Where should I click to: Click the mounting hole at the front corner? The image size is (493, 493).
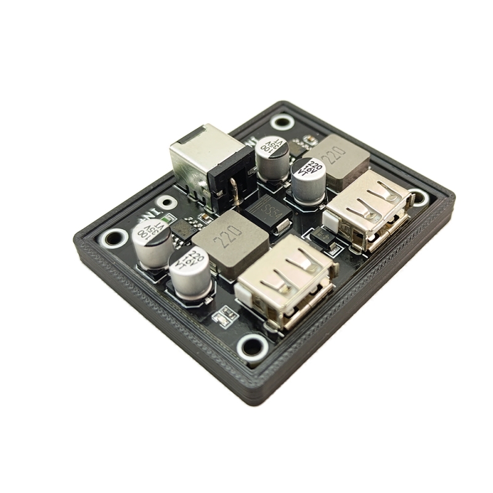pos(252,347)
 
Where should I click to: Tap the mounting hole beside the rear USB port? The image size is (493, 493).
pos(418,197)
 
